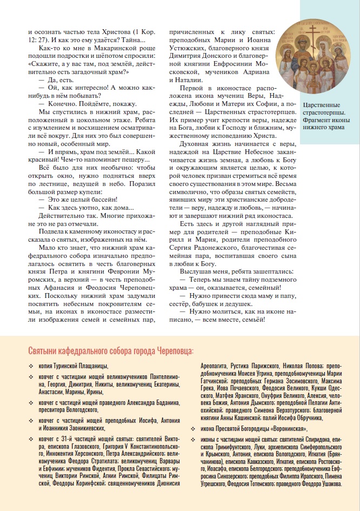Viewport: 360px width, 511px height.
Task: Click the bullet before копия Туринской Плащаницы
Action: pyautogui.click(x=31, y=367)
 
